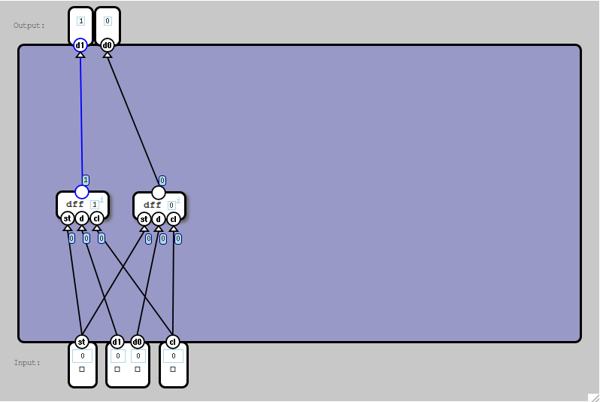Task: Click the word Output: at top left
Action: (29, 26)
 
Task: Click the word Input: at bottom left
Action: (27, 363)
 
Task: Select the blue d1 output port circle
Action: (80, 45)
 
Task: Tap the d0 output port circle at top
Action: (107, 45)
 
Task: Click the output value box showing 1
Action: (80, 21)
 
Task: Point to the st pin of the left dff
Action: (68, 219)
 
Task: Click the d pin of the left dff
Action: (82, 219)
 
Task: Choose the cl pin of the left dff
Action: (96, 219)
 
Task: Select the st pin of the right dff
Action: (144, 219)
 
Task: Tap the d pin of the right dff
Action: (159, 219)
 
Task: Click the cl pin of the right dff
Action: (173, 219)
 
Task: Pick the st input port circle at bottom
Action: (82, 342)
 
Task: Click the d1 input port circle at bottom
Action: (117, 342)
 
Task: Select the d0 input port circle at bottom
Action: (137, 342)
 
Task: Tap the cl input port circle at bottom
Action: (172, 342)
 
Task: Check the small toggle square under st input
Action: (82, 370)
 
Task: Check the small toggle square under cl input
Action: (172, 370)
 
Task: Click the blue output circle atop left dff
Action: (82, 192)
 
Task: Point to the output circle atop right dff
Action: (159, 193)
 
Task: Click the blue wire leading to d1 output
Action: (81, 120)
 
